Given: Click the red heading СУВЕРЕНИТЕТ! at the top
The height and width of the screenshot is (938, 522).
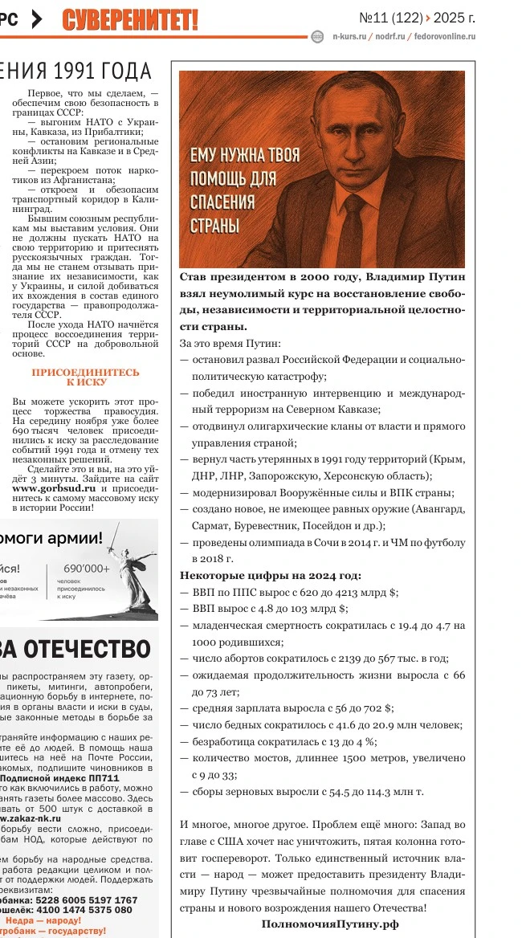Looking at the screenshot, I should [x=130, y=18].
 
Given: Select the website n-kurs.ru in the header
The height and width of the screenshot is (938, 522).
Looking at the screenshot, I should [x=349, y=36].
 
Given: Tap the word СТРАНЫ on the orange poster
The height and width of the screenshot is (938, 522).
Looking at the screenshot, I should [x=214, y=225].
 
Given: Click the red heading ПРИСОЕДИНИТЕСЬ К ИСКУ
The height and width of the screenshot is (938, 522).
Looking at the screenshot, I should [x=85, y=377].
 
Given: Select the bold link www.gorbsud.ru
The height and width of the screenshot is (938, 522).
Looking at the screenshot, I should [x=48, y=487].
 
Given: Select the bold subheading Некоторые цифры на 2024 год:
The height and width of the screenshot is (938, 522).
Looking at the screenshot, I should [x=271, y=575].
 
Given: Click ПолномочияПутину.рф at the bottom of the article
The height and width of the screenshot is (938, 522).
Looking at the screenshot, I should [x=329, y=924].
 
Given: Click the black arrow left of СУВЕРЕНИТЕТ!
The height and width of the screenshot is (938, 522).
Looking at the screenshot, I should [x=36, y=20].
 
